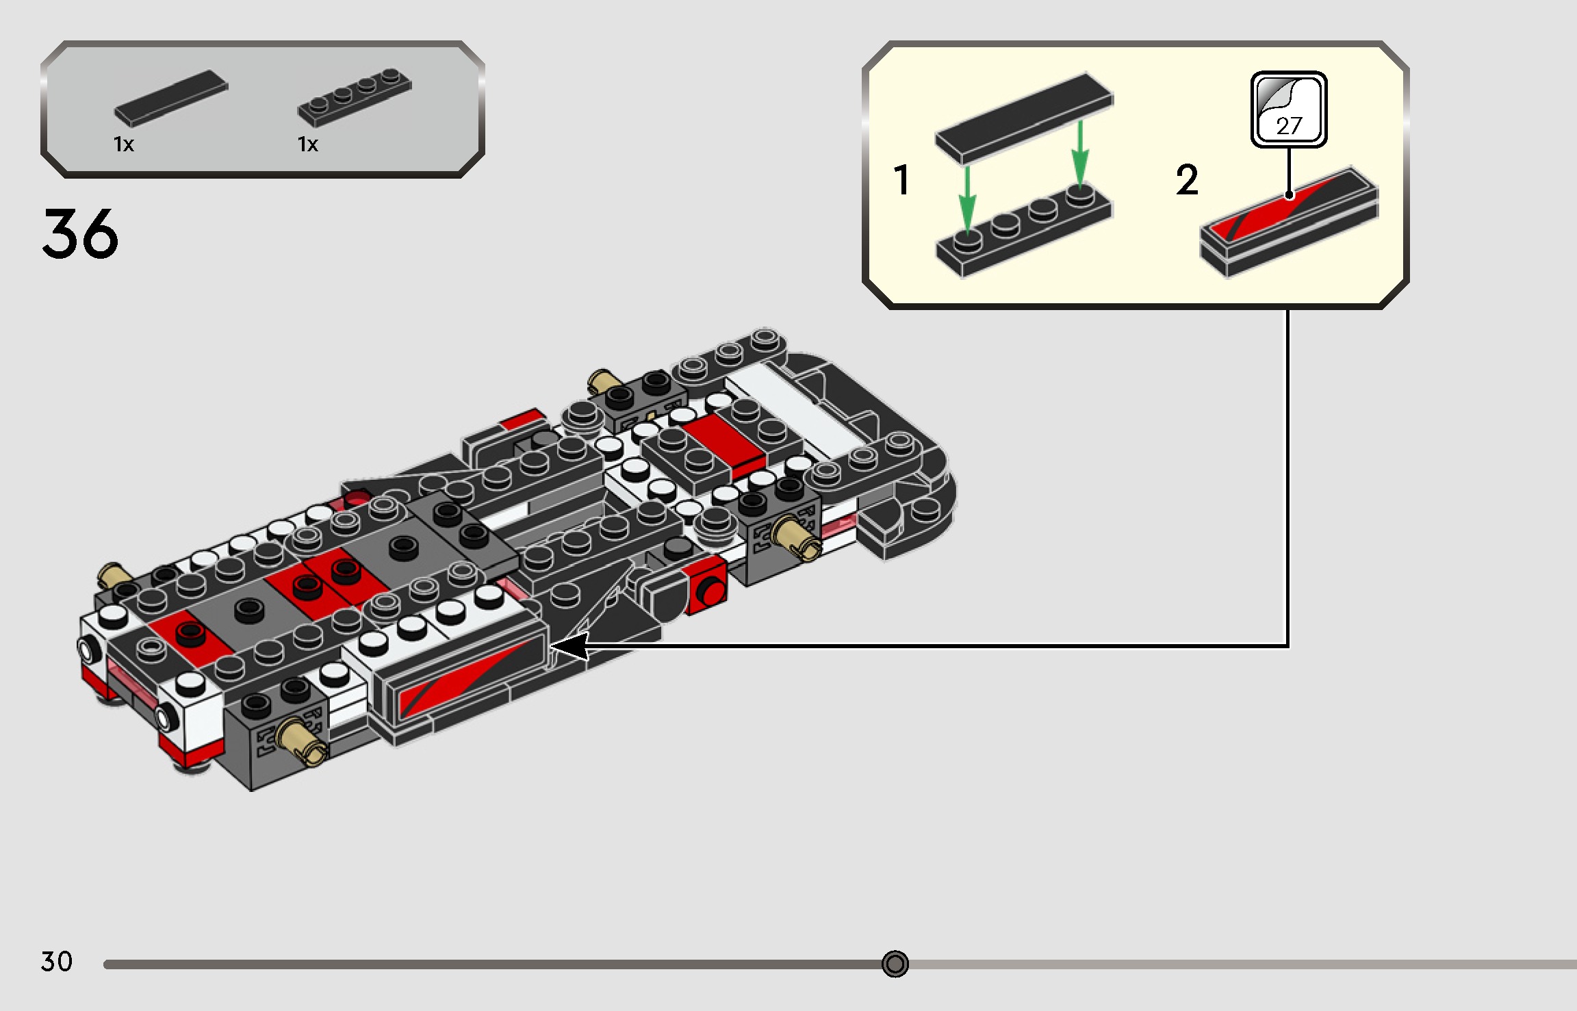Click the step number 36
tap(80, 234)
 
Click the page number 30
tap(56, 962)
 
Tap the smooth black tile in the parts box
tap(171, 98)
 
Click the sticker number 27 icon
tap(1288, 110)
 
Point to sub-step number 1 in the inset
tap(901, 180)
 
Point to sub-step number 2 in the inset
tap(1187, 180)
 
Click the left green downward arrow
tap(966, 199)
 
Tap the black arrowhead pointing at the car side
tap(569, 646)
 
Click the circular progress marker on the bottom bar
tap(895, 964)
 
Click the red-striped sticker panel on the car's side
tap(465, 678)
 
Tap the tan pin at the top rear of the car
tap(602, 381)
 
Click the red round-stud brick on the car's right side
tap(708, 589)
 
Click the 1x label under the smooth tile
tap(124, 144)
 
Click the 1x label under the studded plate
tap(307, 144)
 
